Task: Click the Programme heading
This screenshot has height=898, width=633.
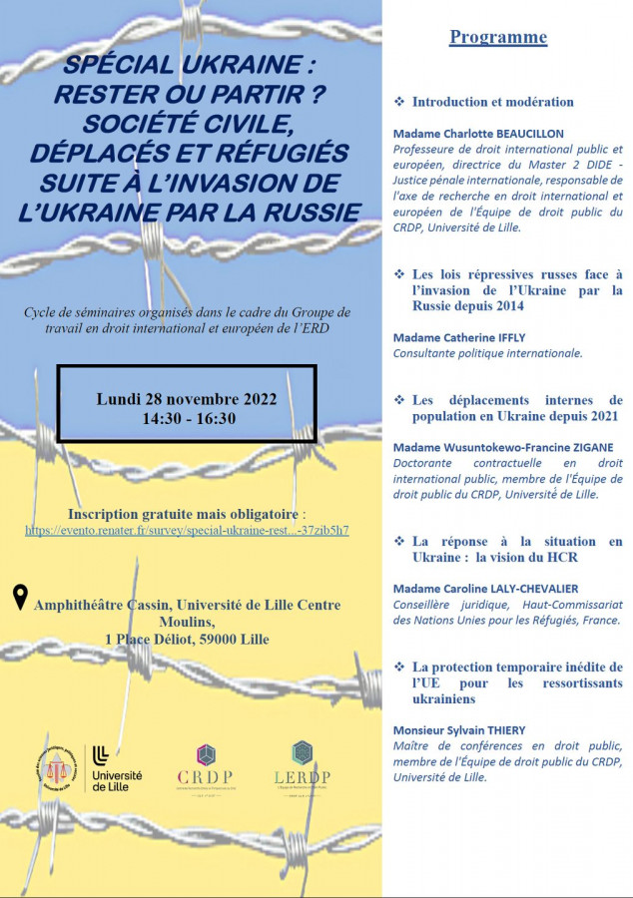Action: pos(498,37)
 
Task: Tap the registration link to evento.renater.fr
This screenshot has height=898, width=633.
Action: pos(187,530)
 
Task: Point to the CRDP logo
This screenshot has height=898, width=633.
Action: pos(205,765)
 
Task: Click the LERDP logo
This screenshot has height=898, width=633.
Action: pos(302,765)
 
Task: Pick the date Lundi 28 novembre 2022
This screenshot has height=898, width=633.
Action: pos(187,399)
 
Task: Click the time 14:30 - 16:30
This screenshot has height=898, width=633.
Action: pos(187,418)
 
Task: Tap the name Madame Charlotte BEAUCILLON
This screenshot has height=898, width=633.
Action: pos(478,134)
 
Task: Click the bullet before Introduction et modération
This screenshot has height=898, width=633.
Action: pos(399,102)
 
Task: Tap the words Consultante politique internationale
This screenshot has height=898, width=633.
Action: pos(488,353)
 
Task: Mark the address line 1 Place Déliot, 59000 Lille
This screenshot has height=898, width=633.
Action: pos(187,639)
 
